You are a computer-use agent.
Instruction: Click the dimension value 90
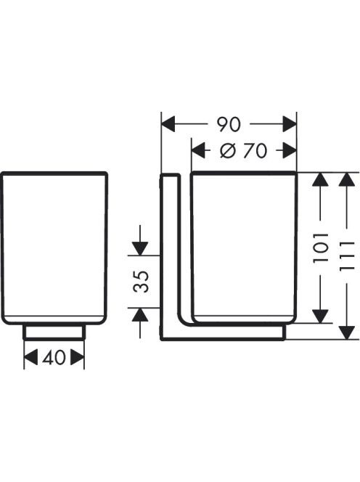tap(228, 125)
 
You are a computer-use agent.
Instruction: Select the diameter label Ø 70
tap(243, 151)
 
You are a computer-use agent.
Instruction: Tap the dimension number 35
tap(141, 281)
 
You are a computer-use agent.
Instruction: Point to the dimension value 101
tap(320, 248)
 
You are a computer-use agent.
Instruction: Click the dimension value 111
tap(347, 256)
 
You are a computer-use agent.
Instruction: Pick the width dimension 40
tap(54, 357)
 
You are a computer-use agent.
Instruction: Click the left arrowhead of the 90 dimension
tap(168, 124)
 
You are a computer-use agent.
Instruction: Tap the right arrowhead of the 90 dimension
tap(290, 124)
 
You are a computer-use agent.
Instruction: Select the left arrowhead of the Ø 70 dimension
tap(199, 151)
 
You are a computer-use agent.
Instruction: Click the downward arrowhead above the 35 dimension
tap(140, 249)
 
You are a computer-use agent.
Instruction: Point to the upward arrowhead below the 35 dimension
tap(140, 314)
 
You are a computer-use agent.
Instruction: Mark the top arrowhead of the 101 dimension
tap(320, 179)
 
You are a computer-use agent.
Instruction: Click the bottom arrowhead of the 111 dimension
tap(347, 333)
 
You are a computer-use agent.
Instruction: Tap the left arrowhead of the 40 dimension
tap(30, 357)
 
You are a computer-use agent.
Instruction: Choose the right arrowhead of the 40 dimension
tap(77, 357)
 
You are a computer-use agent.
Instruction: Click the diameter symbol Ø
tap(228, 151)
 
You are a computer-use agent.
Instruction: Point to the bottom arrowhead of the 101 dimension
tap(320, 316)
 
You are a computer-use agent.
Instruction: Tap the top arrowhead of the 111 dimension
tap(347, 179)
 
